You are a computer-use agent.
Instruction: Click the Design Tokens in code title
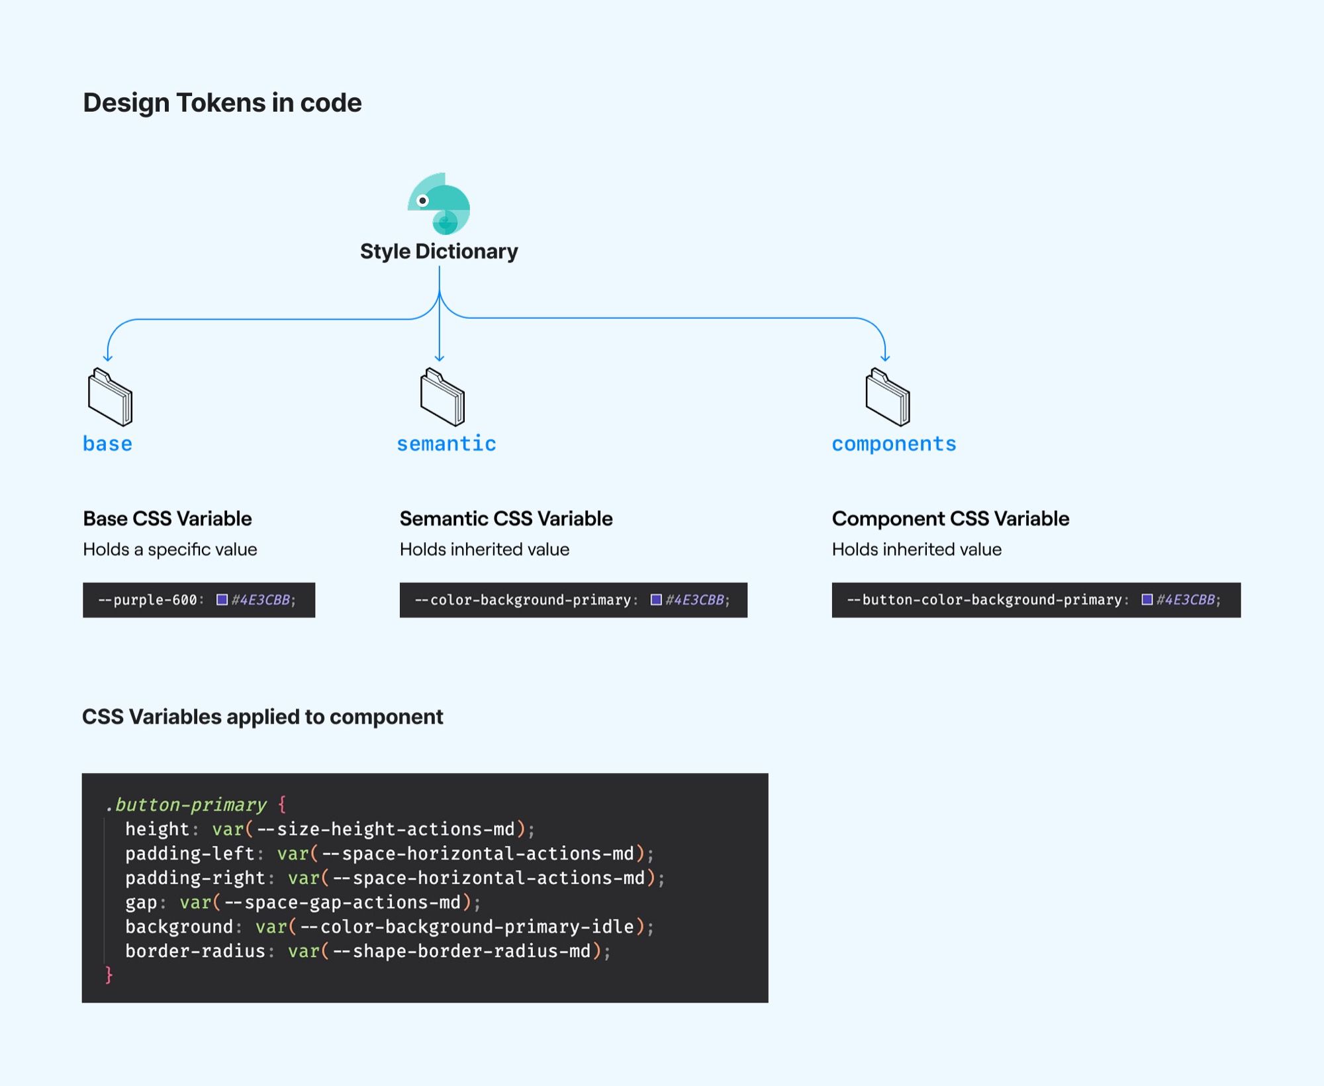[222, 103]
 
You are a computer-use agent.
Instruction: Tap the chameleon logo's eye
[422, 201]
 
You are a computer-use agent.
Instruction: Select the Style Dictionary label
[439, 251]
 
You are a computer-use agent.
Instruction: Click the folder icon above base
[110, 397]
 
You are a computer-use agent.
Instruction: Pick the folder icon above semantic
[442, 397]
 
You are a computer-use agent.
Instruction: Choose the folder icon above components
[888, 397]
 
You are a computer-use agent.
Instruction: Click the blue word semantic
[446, 444]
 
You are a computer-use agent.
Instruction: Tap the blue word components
[894, 444]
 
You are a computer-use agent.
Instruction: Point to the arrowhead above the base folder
[108, 358]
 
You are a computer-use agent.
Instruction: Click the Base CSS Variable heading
[167, 519]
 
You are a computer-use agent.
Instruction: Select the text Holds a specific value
[170, 549]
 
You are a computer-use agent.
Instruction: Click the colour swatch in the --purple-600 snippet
[222, 600]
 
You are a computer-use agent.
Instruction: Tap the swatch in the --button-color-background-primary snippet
[1147, 600]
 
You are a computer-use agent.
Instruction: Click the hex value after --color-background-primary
[694, 600]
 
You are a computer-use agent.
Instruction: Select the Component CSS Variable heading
[951, 519]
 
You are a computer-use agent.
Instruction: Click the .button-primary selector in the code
[186, 805]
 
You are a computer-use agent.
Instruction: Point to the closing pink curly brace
[109, 975]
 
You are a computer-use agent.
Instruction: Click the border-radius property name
[195, 951]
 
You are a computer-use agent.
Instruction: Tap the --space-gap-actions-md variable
[342, 902]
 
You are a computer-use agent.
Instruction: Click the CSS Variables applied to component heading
[263, 717]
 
